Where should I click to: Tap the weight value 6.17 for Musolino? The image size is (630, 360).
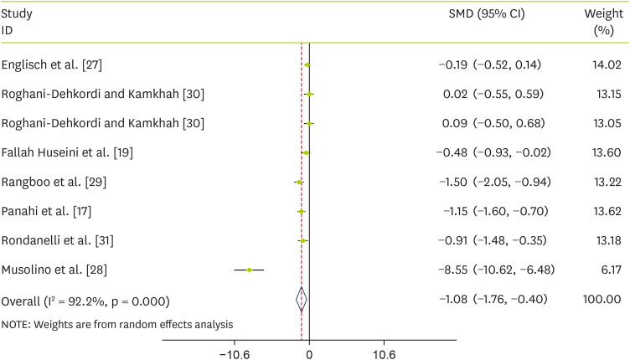click(606, 270)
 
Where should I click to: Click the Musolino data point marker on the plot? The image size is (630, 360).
click(249, 270)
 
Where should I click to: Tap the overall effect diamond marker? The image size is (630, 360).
click(302, 299)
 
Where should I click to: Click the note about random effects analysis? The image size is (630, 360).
click(117, 324)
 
